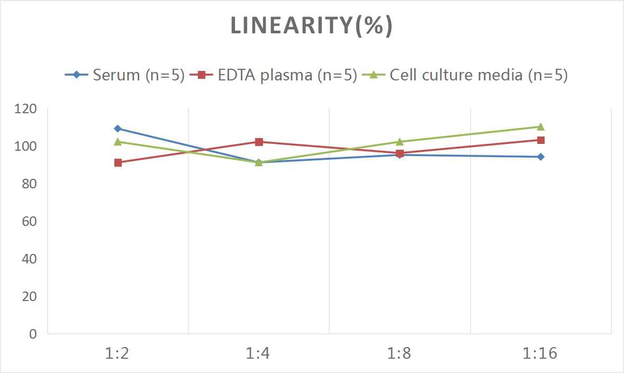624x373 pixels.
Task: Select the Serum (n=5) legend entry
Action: click(x=125, y=75)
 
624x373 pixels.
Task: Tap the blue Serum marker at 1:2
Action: click(x=117, y=129)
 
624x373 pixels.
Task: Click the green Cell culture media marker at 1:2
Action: click(x=117, y=142)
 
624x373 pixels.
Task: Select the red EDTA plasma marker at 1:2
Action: click(x=117, y=162)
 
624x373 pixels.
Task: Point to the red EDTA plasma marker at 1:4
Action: click(x=259, y=142)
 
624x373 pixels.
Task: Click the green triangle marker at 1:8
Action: click(x=400, y=142)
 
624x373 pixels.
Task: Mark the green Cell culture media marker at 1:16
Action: click(x=540, y=126)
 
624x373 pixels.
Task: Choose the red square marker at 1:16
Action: click(x=540, y=140)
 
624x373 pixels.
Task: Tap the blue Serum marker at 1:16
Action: click(x=540, y=157)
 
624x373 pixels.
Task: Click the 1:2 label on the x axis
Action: click(x=117, y=353)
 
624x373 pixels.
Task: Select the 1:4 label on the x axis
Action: click(x=258, y=353)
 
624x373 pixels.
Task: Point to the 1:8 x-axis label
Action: click(x=400, y=353)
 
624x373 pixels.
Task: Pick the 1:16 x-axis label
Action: click(x=540, y=353)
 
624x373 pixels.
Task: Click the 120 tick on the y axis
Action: click(x=26, y=109)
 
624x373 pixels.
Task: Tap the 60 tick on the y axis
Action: click(x=30, y=221)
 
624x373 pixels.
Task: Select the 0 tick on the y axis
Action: click(x=33, y=334)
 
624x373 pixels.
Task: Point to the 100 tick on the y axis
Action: click(x=26, y=146)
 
